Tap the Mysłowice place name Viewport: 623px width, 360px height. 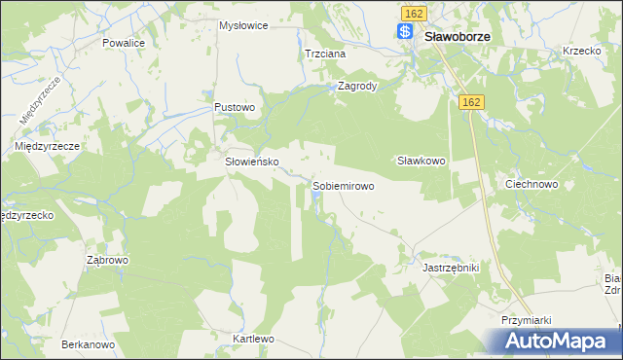coord(243,25)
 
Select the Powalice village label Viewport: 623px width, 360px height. coord(124,44)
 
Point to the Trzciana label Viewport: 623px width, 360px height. coord(325,54)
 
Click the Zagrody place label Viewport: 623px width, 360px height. coord(356,86)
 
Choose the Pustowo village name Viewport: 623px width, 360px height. coord(235,107)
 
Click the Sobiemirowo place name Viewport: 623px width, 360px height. coord(343,185)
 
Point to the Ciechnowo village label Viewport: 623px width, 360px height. coord(531,183)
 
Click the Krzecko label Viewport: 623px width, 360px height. coord(581,51)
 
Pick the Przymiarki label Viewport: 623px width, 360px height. coord(528,321)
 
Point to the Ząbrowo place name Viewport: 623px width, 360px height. coord(108,261)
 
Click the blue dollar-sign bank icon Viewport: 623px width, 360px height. coord(405,32)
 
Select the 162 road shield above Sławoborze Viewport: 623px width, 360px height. coord(413,12)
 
